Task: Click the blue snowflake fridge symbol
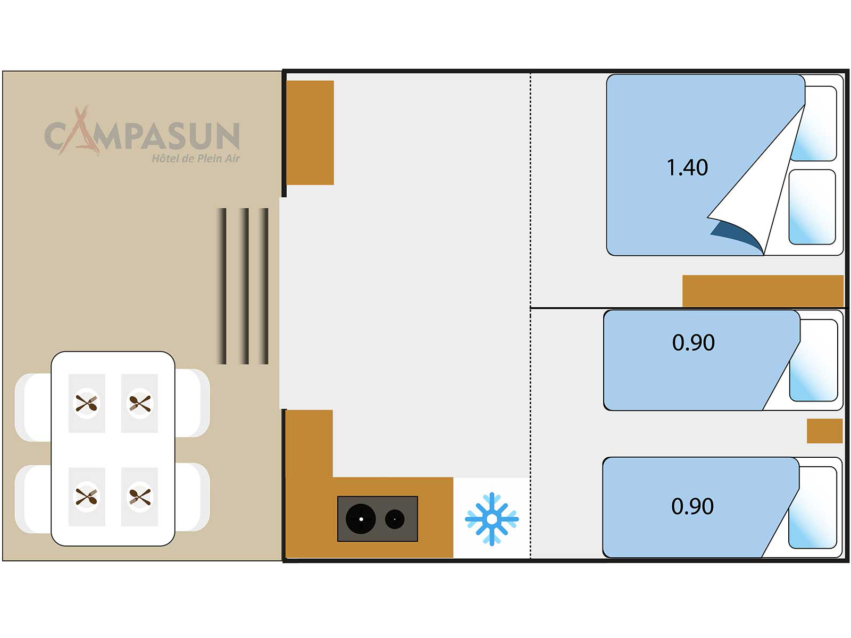pos(491,519)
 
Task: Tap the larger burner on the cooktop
pos(361,519)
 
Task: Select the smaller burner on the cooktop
pos(395,519)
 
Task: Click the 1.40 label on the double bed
pos(687,167)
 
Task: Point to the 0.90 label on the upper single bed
pos(693,342)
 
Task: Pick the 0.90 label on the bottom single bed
pos(692,506)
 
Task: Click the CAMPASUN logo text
pos(142,135)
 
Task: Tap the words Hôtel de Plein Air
pos(196,158)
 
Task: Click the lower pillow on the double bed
pos(812,207)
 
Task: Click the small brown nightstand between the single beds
pos(824,431)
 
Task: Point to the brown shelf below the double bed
pos(763,291)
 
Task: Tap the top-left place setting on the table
pos(86,404)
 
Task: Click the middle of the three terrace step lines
pos(245,286)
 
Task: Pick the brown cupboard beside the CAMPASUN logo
pos(310,133)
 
